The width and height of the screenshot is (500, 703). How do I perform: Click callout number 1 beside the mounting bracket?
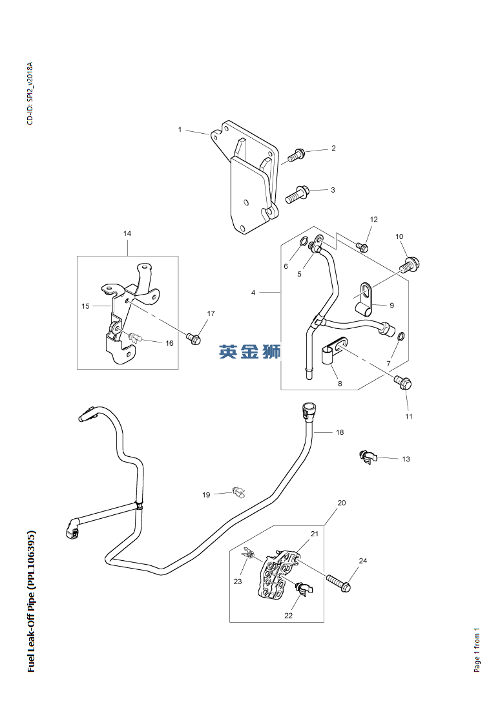(x=180, y=130)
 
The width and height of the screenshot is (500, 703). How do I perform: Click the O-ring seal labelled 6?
(x=303, y=242)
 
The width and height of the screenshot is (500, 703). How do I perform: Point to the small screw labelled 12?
(x=362, y=247)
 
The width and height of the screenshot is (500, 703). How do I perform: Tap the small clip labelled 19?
(x=239, y=491)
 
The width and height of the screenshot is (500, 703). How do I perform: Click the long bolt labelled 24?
(x=339, y=583)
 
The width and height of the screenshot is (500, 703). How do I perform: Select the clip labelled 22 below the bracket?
(x=304, y=589)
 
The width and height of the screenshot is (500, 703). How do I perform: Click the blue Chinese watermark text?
(x=250, y=351)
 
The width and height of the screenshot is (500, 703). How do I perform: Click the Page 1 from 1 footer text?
(x=477, y=650)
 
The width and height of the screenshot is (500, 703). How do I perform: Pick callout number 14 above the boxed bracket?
(x=127, y=233)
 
